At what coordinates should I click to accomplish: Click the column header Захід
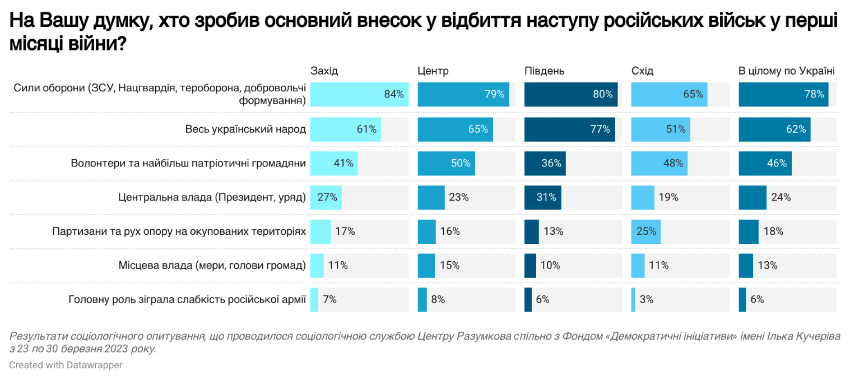(x=324, y=71)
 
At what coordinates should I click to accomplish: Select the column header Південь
(x=544, y=71)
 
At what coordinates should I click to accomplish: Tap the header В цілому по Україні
(x=787, y=71)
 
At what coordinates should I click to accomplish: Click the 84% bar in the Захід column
(x=359, y=94)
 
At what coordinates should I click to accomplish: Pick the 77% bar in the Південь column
(x=569, y=129)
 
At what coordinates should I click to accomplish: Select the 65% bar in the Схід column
(x=669, y=94)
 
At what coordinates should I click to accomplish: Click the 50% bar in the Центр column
(x=446, y=163)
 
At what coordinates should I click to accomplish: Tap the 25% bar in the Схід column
(x=645, y=231)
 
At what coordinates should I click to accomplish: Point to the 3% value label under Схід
(x=646, y=299)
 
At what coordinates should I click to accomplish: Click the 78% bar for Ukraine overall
(x=783, y=94)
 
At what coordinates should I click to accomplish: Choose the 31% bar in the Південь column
(x=542, y=197)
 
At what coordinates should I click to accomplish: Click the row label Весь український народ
(x=245, y=129)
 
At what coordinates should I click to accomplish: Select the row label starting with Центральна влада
(x=212, y=197)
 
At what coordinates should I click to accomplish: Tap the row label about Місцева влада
(x=212, y=265)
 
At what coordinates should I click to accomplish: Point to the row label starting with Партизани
(x=179, y=231)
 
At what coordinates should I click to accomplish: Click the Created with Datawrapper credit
(x=66, y=365)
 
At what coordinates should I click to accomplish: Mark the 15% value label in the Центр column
(x=450, y=265)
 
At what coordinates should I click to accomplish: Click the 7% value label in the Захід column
(x=329, y=299)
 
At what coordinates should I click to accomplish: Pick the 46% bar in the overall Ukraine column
(x=765, y=163)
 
